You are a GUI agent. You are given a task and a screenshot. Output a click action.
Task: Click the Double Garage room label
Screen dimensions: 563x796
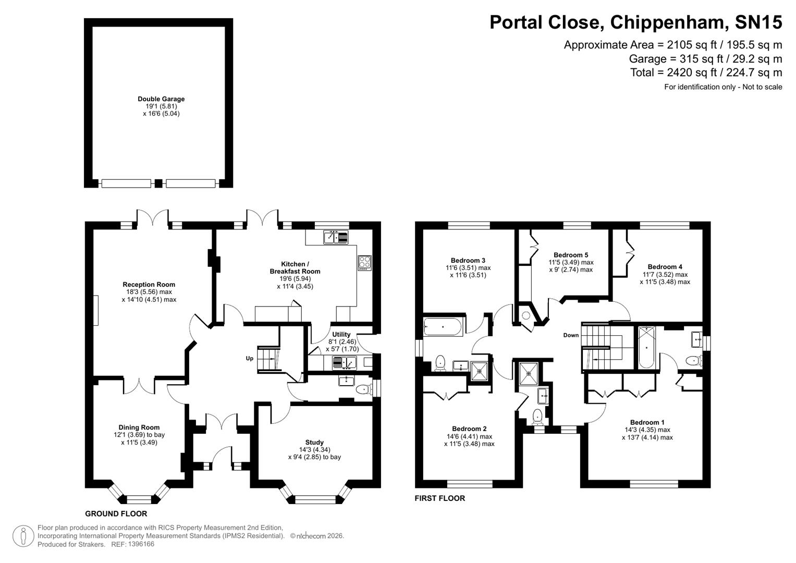pyautogui.click(x=161, y=99)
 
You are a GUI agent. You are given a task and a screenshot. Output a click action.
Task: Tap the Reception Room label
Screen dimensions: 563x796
pyautogui.click(x=149, y=285)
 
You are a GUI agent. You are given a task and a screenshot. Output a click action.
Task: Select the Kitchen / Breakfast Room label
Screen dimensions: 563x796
pyautogui.click(x=295, y=267)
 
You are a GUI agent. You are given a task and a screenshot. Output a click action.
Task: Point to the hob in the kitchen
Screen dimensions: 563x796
pyautogui.click(x=364, y=262)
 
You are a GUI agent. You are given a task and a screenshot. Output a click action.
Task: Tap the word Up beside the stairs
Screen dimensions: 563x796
pyautogui.click(x=250, y=359)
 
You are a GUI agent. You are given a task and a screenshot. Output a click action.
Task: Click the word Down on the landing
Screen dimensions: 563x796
pyautogui.click(x=571, y=335)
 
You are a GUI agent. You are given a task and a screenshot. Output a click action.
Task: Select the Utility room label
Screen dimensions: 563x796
pyautogui.click(x=341, y=335)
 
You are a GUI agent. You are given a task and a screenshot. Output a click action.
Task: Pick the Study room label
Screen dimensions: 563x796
pyautogui.click(x=314, y=443)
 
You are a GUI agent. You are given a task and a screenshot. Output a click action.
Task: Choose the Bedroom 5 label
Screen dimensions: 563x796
pyautogui.click(x=571, y=255)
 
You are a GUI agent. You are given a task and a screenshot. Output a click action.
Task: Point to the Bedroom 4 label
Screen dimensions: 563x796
pyautogui.click(x=665, y=267)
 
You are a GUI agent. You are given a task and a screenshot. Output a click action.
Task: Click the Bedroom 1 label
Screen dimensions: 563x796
pyautogui.click(x=647, y=423)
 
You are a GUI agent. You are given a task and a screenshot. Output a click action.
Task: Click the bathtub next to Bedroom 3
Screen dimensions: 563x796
pyautogui.click(x=443, y=327)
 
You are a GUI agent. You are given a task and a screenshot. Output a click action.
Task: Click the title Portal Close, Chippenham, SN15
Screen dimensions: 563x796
pyautogui.click(x=635, y=22)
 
